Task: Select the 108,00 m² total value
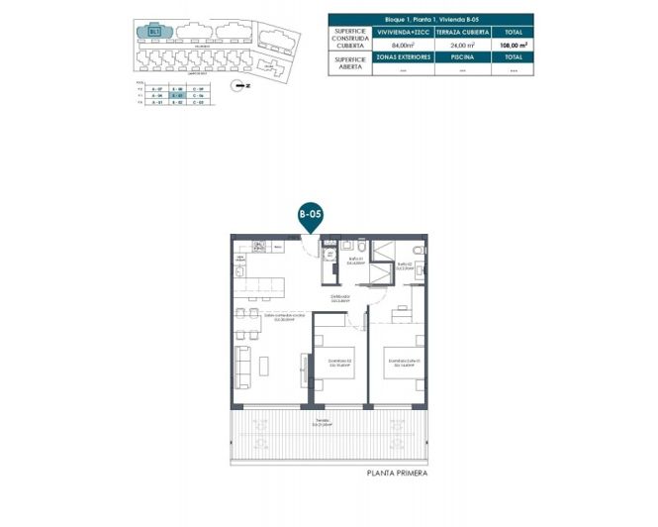514,45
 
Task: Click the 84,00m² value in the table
403,45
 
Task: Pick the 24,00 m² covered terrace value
458,45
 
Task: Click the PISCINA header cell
458,58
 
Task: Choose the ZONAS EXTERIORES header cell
403,58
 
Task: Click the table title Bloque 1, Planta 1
429,19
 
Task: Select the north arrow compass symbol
235,86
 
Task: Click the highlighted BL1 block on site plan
155,32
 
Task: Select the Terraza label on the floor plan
324,423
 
